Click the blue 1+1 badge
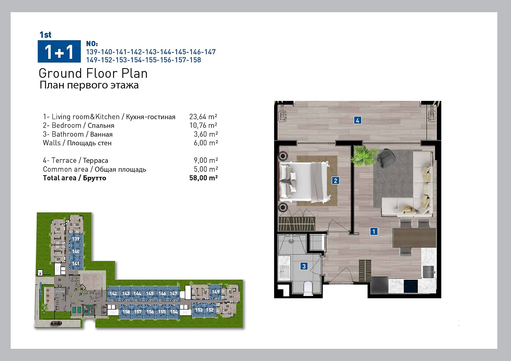coord(59,51)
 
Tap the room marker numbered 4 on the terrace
coord(357,120)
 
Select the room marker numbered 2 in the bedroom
coord(335,181)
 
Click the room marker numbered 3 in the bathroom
coord(304,266)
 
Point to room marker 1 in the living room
coord(374,231)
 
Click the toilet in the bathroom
coord(308,288)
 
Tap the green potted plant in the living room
coord(363,155)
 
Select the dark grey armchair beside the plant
coord(386,158)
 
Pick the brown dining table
coord(414,238)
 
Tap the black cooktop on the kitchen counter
coord(411,286)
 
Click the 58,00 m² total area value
coord(203,178)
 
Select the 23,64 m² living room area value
coord(203,117)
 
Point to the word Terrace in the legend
coord(64,160)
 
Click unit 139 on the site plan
coord(76,239)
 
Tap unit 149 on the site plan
coord(216,292)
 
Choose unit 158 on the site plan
coord(126,312)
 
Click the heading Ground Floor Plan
coord(93,73)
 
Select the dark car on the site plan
coord(56,323)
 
